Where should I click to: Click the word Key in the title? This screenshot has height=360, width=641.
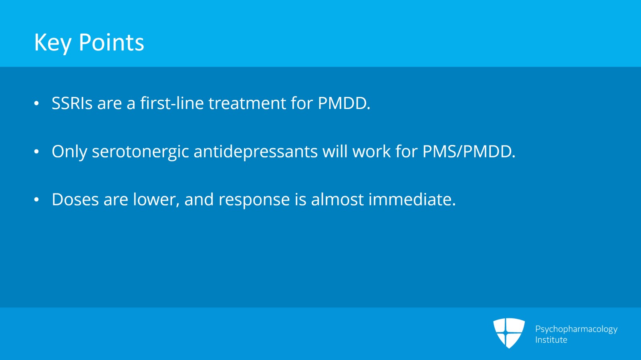pyautogui.click(x=52, y=43)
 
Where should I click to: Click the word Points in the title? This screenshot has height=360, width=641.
pyautogui.click(x=111, y=42)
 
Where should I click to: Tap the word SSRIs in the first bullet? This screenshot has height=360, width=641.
pyautogui.click(x=72, y=103)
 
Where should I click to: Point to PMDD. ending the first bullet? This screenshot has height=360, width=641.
pyautogui.click(x=344, y=103)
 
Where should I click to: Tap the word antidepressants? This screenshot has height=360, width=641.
pyautogui.click(x=256, y=151)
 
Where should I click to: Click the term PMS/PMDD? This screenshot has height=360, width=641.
pyautogui.click(x=469, y=151)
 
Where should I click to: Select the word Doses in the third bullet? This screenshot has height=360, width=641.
pyautogui.click(x=75, y=199)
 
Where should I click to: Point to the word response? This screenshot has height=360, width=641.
pyautogui.click(x=254, y=200)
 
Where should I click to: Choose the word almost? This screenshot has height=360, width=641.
pyautogui.click(x=337, y=199)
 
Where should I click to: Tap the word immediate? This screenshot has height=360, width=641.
pyautogui.click(x=412, y=199)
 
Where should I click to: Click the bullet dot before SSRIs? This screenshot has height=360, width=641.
pyautogui.click(x=36, y=104)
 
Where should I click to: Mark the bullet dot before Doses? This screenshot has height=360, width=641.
pyautogui.click(x=36, y=199)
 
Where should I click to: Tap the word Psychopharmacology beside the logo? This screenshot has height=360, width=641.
pyautogui.click(x=576, y=329)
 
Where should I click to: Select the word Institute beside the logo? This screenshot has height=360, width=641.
pyautogui.click(x=551, y=340)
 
